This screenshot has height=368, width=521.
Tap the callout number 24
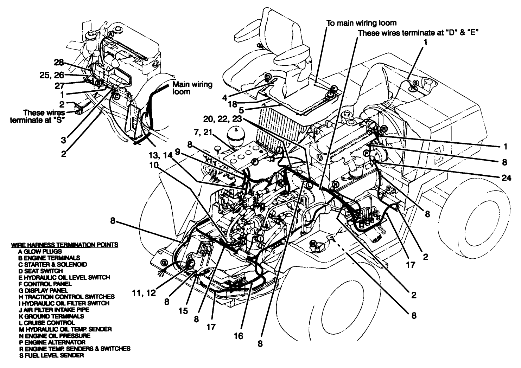tap(506, 178)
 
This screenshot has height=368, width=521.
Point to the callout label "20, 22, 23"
tap(223, 120)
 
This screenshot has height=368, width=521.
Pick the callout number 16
tap(238, 336)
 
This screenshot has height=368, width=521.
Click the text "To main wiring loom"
tap(361, 23)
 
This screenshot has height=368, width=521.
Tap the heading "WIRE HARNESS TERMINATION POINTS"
tap(64, 245)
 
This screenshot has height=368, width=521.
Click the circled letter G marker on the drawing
tap(164, 263)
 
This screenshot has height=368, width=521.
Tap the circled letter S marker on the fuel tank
tap(415, 83)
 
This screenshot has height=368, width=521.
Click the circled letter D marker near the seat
tap(267, 77)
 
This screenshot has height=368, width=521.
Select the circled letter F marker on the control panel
tap(255, 162)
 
